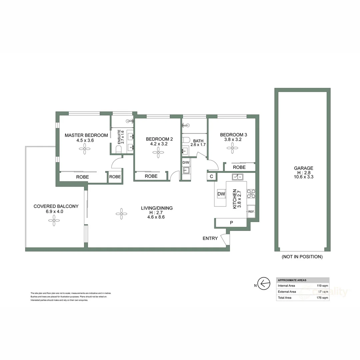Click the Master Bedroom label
coord(86,135)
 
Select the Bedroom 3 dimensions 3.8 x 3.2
coord(233,140)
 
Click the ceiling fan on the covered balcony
coord(54,220)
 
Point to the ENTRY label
coord(210,238)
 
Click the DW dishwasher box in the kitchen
coord(221,194)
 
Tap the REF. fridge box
coord(251,211)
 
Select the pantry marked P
coord(231,222)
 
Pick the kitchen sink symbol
coord(238,177)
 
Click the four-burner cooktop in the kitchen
coord(251,194)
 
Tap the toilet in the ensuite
coord(118,149)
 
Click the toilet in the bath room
coord(186,140)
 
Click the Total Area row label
coord(284,298)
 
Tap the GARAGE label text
coord(303,168)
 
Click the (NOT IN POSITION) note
coord(302,257)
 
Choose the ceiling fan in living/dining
coord(121,214)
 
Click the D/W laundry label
coord(186,162)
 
